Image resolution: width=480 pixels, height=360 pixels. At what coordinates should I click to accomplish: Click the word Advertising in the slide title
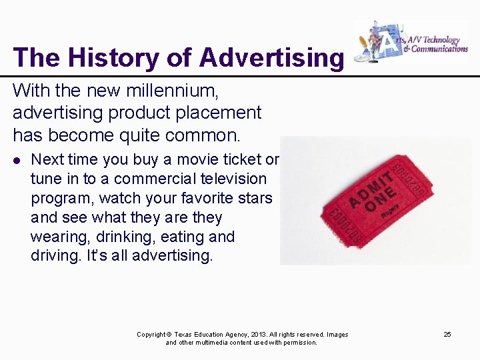click(x=271, y=57)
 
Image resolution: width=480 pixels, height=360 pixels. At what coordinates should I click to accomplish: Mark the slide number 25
click(x=447, y=334)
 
